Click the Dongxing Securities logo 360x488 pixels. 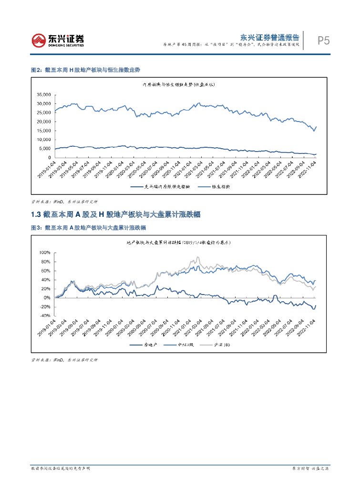point(58,41)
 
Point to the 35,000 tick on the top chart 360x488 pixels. point(44,94)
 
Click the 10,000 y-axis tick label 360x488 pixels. point(44,140)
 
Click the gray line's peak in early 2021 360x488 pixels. point(198,258)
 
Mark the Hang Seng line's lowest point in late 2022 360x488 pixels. point(313,131)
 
